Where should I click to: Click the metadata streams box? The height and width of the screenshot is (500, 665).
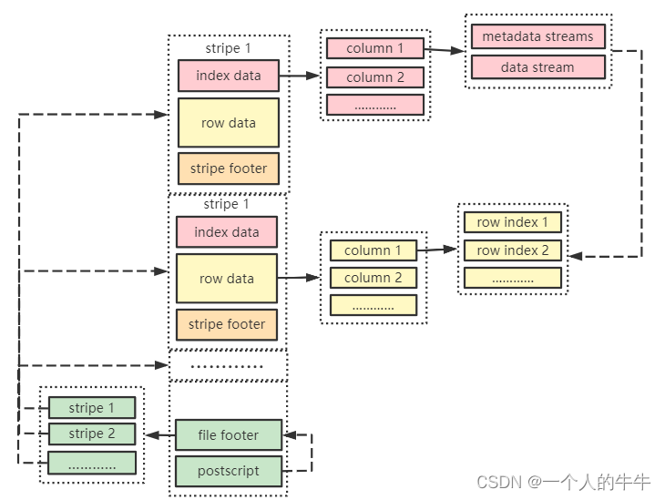(x=537, y=37)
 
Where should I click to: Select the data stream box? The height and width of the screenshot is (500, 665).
(x=537, y=66)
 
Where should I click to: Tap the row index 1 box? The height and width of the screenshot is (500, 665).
(x=512, y=221)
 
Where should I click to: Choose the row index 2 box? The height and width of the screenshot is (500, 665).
(x=512, y=250)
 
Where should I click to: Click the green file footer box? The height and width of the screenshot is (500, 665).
(x=228, y=435)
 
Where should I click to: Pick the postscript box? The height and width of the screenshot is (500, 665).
(x=228, y=471)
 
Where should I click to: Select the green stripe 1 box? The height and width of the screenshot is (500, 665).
(x=91, y=408)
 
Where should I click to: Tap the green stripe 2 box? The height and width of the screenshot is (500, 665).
(x=91, y=434)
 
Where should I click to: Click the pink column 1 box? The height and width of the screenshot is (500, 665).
(x=374, y=48)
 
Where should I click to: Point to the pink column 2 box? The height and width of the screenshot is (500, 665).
(x=374, y=77)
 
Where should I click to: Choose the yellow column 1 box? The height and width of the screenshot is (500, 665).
(x=373, y=250)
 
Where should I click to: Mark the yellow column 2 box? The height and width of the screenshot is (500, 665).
(x=373, y=278)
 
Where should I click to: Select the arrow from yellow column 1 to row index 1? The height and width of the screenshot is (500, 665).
(x=436, y=249)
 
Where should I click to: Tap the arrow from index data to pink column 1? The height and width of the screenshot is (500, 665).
(x=299, y=77)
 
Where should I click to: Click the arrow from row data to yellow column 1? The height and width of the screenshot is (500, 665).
(x=298, y=277)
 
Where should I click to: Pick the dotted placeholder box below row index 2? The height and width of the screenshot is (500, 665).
(x=512, y=279)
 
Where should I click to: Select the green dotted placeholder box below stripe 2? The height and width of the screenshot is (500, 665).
(x=91, y=463)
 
